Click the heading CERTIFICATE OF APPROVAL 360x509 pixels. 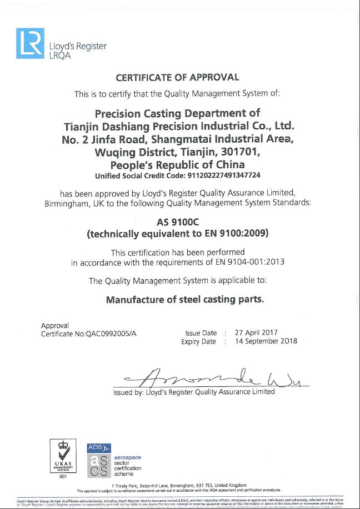[x=177, y=78]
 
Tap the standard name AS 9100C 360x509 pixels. [x=178, y=221]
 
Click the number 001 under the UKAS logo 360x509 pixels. [x=62, y=476]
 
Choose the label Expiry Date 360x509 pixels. [x=198, y=342]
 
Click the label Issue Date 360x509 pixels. [x=201, y=333]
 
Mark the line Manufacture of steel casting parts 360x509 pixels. [x=184, y=300]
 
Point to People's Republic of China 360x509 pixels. [x=177, y=165]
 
